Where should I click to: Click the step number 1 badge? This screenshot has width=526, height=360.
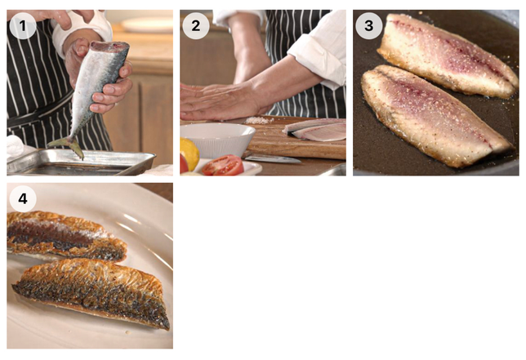point(23,26)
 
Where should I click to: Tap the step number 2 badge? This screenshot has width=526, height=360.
point(196,26)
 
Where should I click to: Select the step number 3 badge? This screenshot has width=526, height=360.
point(369,26)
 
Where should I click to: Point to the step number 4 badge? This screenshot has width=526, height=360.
point(23,198)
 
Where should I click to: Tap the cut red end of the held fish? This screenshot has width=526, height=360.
point(109,47)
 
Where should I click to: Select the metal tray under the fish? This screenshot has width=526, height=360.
point(81,162)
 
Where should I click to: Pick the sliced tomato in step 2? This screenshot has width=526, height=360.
point(223,165)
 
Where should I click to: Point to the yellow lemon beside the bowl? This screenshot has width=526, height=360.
point(189,153)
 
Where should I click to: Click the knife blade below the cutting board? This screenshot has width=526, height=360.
point(273,158)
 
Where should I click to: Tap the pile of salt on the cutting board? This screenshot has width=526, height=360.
point(259,120)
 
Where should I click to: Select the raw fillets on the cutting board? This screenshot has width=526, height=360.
point(314,130)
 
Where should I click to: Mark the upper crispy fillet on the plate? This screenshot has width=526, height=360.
point(65,236)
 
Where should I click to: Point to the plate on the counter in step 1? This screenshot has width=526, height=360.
point(147,24)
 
